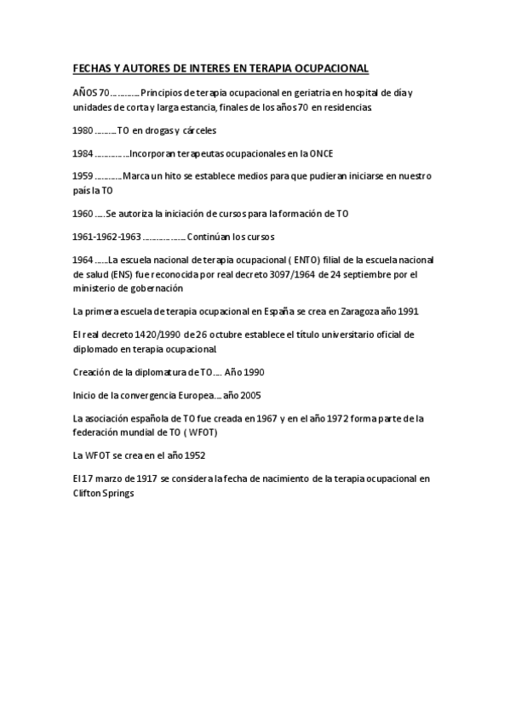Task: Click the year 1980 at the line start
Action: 83,130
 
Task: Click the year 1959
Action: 83,176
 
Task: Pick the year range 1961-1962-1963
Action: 106,236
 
